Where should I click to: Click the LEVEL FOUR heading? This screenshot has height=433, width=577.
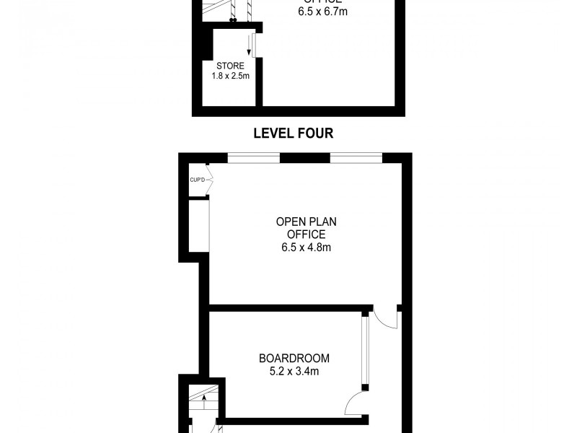(x=293, y=134)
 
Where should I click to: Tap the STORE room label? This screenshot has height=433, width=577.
(x=230, y=65)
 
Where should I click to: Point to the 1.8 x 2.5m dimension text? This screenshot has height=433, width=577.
(x=230, y=75)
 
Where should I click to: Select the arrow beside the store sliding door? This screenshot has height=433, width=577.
(x=249, y=44)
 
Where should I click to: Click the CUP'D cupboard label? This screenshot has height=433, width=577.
(x=198, y=180)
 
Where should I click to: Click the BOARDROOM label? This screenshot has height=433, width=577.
(x=294, y=358)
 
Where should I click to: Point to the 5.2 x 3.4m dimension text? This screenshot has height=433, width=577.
(x=294, y=372)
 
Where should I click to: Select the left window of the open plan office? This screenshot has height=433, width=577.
(x=253, y=158)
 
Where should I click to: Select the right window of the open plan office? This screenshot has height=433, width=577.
(x=356, y=158)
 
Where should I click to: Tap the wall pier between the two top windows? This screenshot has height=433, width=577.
(x=305, y=158)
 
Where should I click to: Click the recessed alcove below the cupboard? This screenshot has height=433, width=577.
(x=198, y=225)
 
